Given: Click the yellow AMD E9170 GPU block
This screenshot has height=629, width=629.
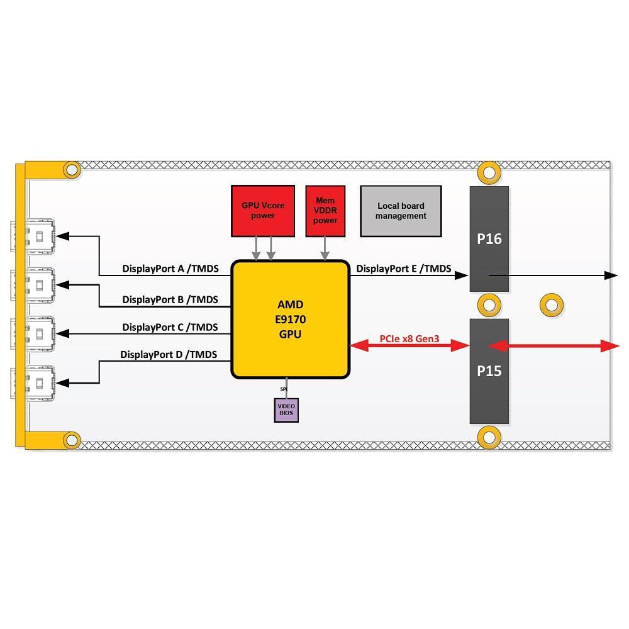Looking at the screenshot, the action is coord(291,320).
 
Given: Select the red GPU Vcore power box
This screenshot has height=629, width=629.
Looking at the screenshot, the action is coord(263,211).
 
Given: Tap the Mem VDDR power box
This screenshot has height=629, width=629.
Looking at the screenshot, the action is coord(325,211).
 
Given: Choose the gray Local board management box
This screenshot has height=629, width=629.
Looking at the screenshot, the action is coord(401,211).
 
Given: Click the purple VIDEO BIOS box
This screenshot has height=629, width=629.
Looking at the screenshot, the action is coord(286,410).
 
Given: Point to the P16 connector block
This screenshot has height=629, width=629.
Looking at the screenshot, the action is coord(489,239).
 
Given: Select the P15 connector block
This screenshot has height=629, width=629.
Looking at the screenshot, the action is coord(489,371).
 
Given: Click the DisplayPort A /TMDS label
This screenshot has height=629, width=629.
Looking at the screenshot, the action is coord(170,269).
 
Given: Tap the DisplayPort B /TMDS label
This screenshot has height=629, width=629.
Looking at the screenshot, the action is coord(170,299).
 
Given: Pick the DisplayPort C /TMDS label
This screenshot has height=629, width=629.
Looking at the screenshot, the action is coord(170,327).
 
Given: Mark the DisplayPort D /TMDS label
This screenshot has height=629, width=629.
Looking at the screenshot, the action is coord(169,355).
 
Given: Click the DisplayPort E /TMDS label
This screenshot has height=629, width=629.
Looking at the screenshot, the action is coord(404,269).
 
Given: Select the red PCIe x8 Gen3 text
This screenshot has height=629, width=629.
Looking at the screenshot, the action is coord(409,339).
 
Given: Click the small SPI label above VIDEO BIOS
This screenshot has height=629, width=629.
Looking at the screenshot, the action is coord(284,389).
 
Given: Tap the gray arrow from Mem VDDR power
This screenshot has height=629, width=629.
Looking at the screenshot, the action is coord(325,248).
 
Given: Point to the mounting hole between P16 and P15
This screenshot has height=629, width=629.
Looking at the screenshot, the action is coord(489,305).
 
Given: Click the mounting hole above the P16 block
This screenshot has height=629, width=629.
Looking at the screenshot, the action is coord(489,173).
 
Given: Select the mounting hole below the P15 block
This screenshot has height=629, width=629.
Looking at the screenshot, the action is coord(489,437).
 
